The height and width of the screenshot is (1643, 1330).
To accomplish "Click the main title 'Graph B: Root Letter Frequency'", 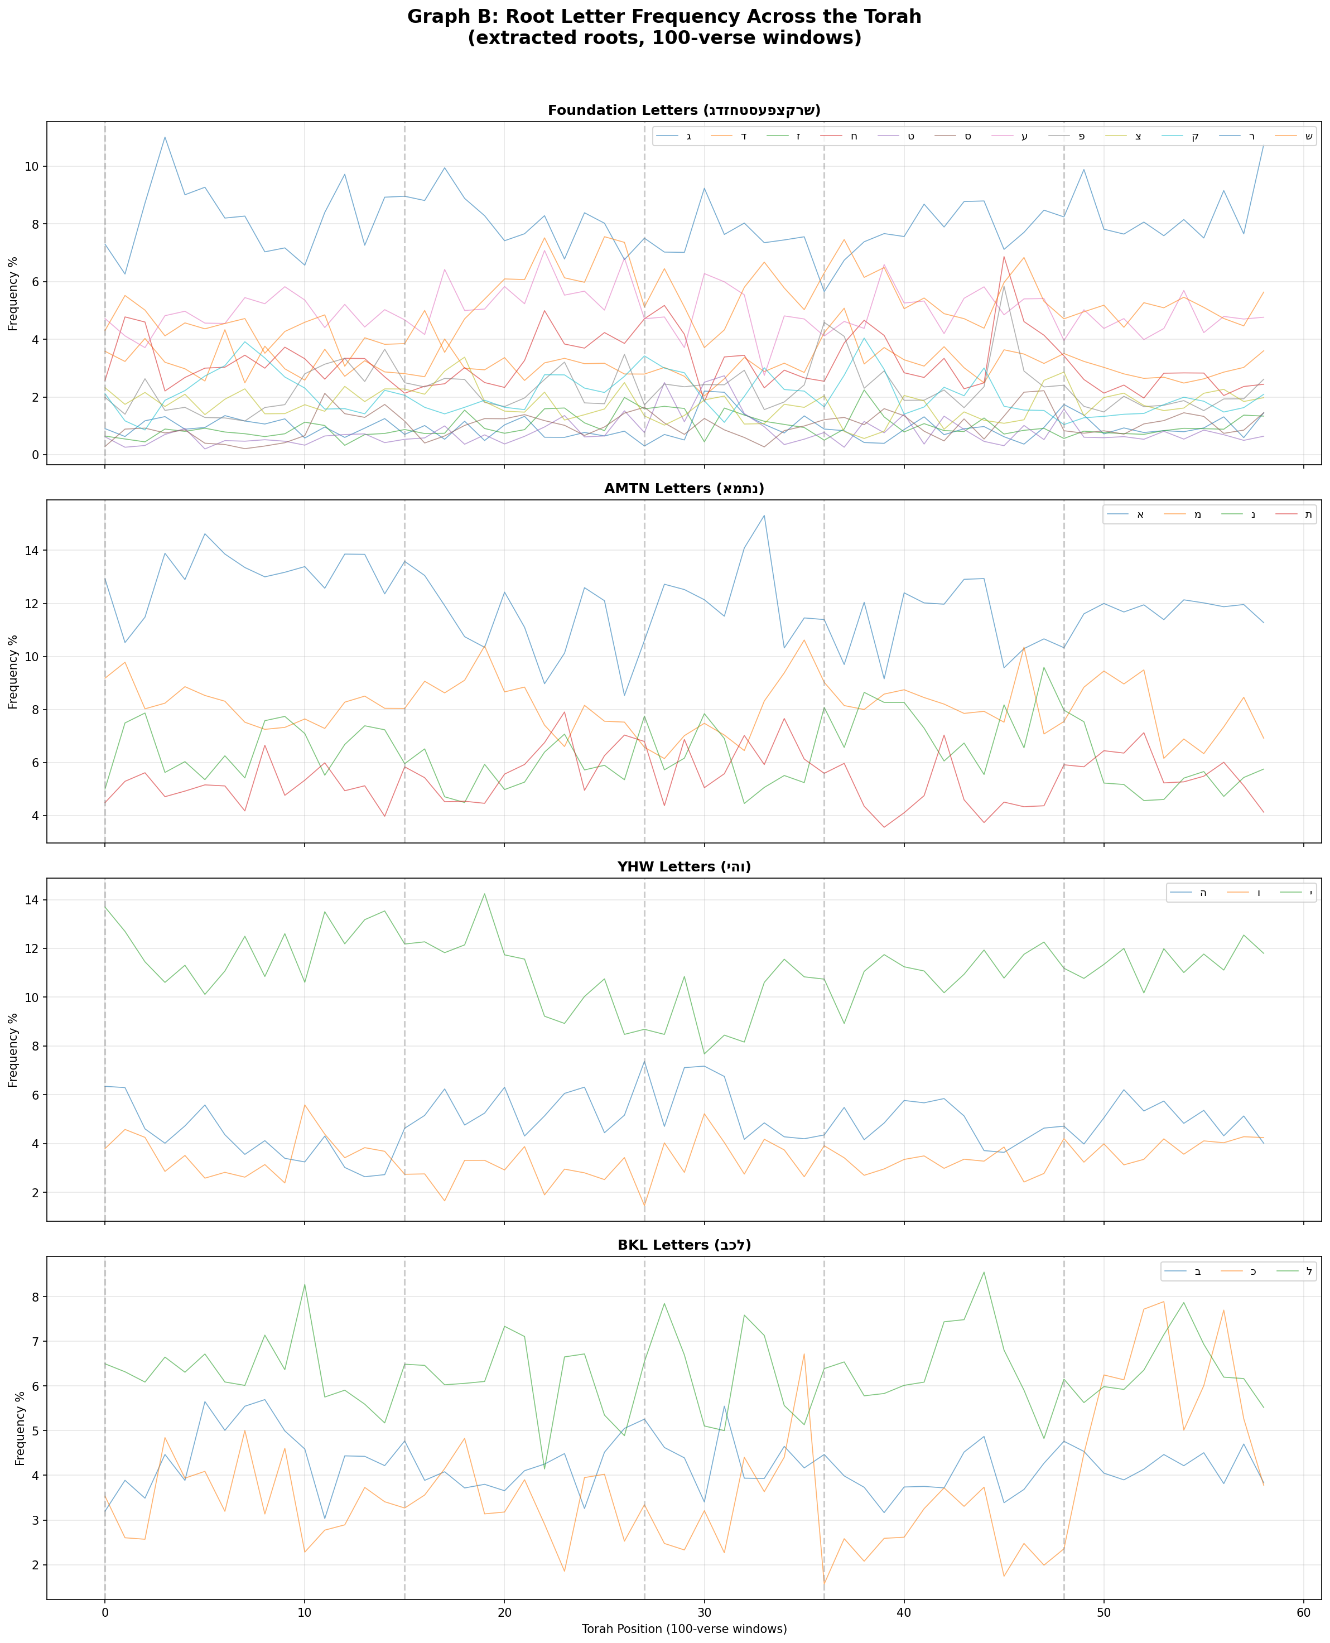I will (664, 17).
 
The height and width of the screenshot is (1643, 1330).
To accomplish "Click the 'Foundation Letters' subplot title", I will (684, 110).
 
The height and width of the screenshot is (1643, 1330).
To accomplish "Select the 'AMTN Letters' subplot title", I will (684, 489).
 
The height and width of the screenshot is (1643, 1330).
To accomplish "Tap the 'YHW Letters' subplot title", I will (684, 867).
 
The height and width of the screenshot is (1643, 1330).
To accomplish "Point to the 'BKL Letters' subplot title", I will (684, 1245).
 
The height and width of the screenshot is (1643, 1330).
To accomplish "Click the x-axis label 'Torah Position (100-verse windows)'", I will (684, 1628).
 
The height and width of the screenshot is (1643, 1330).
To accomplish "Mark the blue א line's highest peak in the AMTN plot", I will (764, 515).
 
